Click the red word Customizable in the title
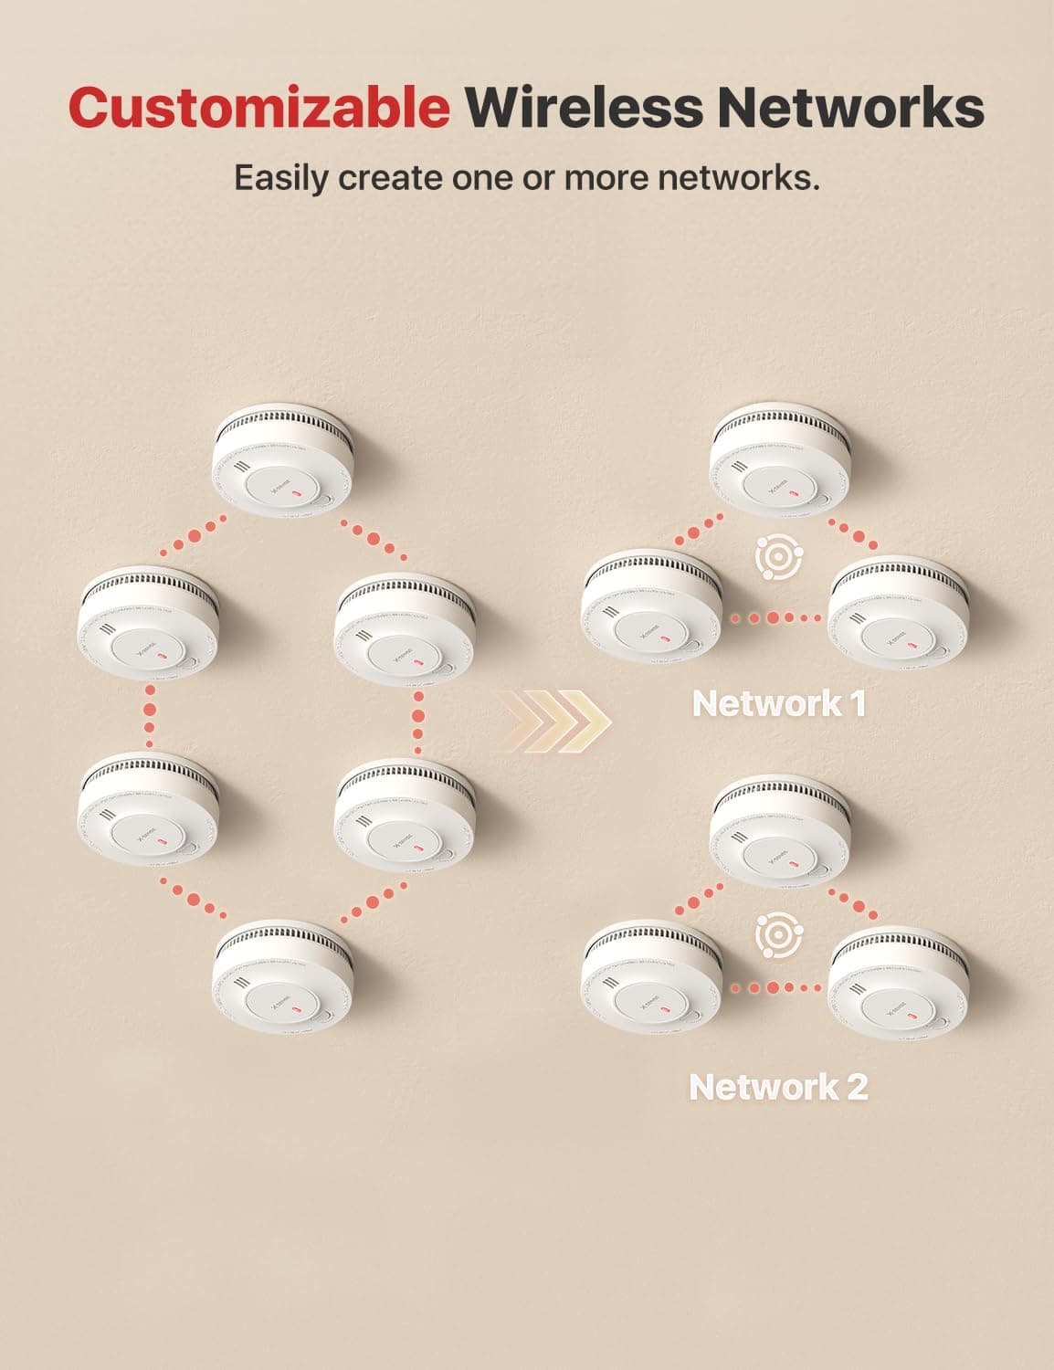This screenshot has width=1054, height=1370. click(x=259, y=108)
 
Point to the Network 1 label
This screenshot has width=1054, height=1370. click(x=779, y=703)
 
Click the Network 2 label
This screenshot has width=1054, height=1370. click(x=778, y=1087)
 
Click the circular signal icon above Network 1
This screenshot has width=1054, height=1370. click(x=779, y=559)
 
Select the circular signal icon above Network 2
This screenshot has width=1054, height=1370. click(x=779, y=933)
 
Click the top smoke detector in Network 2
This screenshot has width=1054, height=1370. click(x=781, y=831)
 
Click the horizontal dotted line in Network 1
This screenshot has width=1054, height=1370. click(x=776, y=618)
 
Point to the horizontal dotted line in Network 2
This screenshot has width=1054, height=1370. click(x=776, y=987)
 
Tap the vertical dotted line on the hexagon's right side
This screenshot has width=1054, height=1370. click(x=418, y=717)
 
